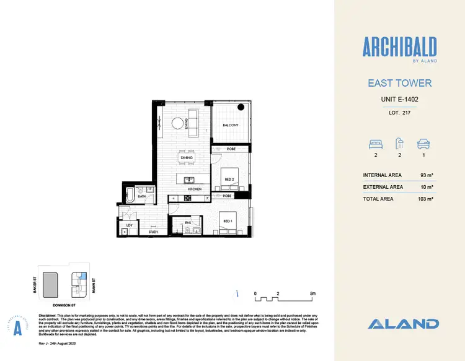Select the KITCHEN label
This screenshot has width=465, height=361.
tap(195, 188)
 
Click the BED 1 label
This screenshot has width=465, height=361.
tap(228, 220)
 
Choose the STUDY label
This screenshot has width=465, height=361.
tap(154, 232)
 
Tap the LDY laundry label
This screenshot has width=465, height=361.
tap(129, 225)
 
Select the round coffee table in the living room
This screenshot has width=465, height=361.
tap(178, 123)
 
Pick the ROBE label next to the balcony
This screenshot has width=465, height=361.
tap(230, 149)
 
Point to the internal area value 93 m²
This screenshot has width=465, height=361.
tap(425, 175)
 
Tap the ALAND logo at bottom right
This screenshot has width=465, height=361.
tap(403, 323)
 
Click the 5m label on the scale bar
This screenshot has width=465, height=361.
tap(313, 293)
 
